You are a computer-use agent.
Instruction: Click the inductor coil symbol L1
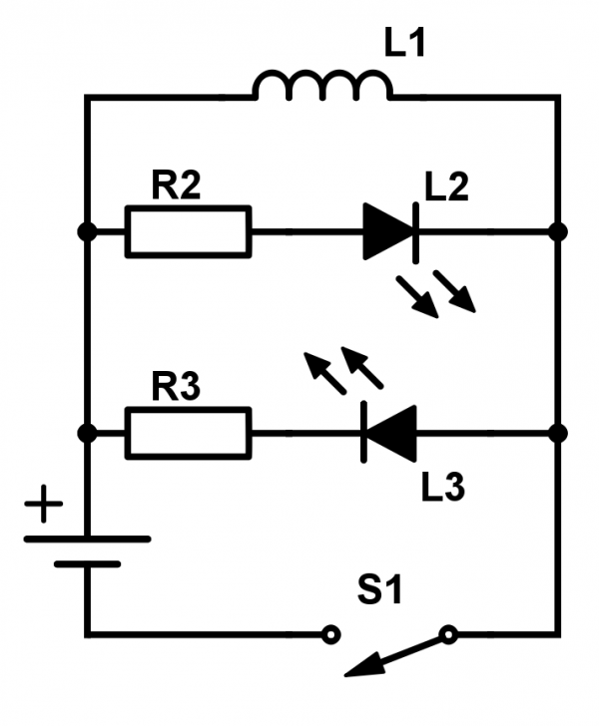(322, 88)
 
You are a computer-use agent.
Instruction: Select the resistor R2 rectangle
(188, 231)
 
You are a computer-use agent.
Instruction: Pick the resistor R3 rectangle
(188, 433)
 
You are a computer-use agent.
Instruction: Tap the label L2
(445, 186)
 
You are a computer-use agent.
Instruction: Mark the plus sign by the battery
(42, 506)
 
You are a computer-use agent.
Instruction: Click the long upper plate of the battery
(87, 539)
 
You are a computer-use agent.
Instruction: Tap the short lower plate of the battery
(87, 563)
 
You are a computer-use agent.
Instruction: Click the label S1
(380, 590)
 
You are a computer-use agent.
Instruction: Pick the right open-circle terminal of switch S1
(449, 633)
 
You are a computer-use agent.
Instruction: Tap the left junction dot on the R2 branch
(87, 231)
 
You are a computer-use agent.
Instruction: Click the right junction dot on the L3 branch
(558, 433)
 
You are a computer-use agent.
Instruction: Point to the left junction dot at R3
(87, 433)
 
